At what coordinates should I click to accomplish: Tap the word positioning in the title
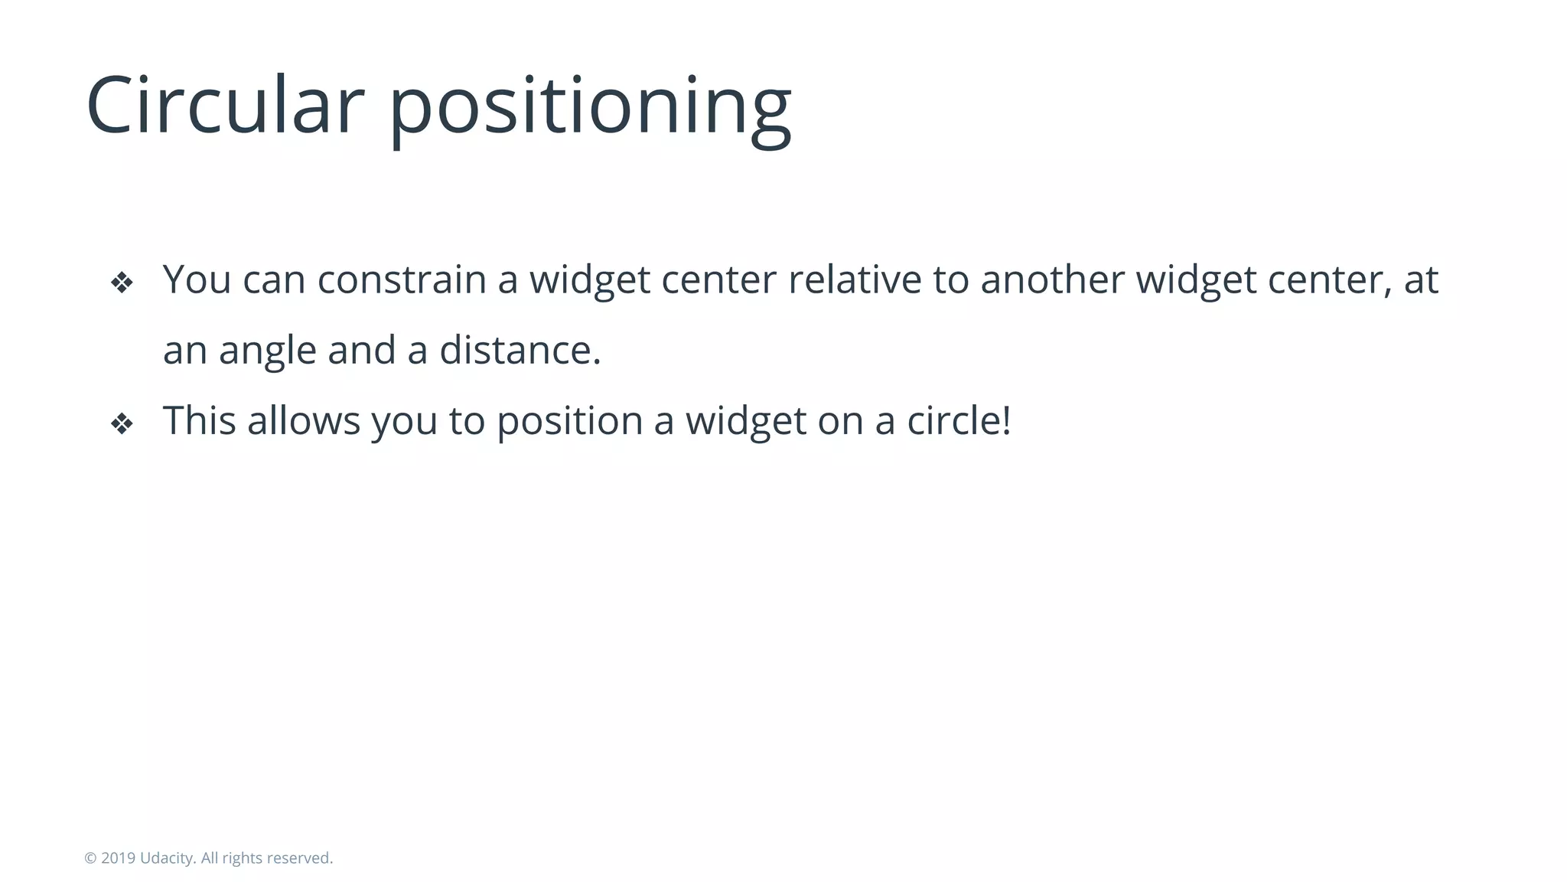click(590, 107)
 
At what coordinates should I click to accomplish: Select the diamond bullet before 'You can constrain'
click(122, 283)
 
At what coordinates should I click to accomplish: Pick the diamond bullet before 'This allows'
click(122, 423)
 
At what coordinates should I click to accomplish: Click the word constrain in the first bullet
click(402, 279)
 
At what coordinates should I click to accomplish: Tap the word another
click(1052, 279)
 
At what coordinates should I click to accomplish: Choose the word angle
click(268, 351)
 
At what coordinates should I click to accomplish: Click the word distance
click(520, 350)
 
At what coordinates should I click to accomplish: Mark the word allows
click(304, 420)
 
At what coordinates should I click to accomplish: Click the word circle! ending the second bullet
click(959, 420)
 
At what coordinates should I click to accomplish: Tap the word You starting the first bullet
click(197, 279)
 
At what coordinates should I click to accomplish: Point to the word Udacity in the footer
click(167, 858)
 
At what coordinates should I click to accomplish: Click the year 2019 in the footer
click(118, 858)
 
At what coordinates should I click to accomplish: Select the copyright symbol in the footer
click(90, 858)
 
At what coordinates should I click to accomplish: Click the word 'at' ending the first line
click(1421, 279)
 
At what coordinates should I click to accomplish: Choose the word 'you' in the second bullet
click(404, 422)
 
